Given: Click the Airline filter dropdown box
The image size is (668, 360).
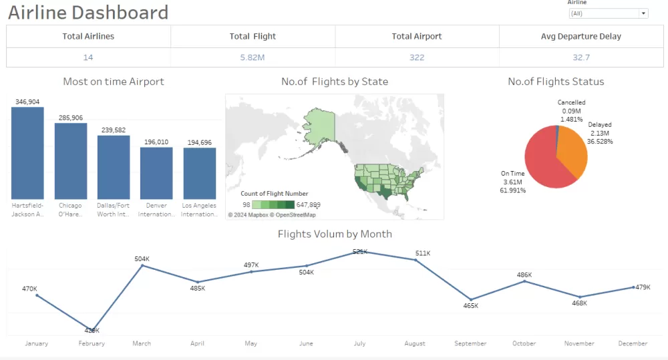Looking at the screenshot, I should pos(607,13).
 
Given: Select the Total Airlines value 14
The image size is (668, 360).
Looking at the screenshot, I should pos(88,57).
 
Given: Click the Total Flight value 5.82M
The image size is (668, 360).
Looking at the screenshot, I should pos(253,57).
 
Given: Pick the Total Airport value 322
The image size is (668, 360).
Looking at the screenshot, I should pos(417,57).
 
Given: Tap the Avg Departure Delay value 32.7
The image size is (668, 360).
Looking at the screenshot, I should pos(581,57).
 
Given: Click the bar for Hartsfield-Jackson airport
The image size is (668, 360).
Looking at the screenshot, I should pos(27,153).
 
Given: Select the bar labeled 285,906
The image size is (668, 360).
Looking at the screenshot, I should pos(71,161).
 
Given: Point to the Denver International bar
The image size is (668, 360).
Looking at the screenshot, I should pos(156,173).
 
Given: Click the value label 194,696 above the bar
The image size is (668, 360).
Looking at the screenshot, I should pos(200,142).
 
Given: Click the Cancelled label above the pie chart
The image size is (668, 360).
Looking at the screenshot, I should pos(571,103).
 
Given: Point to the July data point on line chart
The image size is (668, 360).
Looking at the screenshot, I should pos(359,252).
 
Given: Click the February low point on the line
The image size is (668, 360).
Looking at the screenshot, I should pos(92,329).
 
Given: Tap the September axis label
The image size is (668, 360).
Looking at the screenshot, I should pos(470,343).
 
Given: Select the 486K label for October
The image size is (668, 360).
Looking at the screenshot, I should pos(524,275).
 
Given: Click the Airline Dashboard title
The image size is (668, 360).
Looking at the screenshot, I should pos(88,12).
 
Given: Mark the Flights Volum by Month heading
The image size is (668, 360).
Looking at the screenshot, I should pos(335,234).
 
